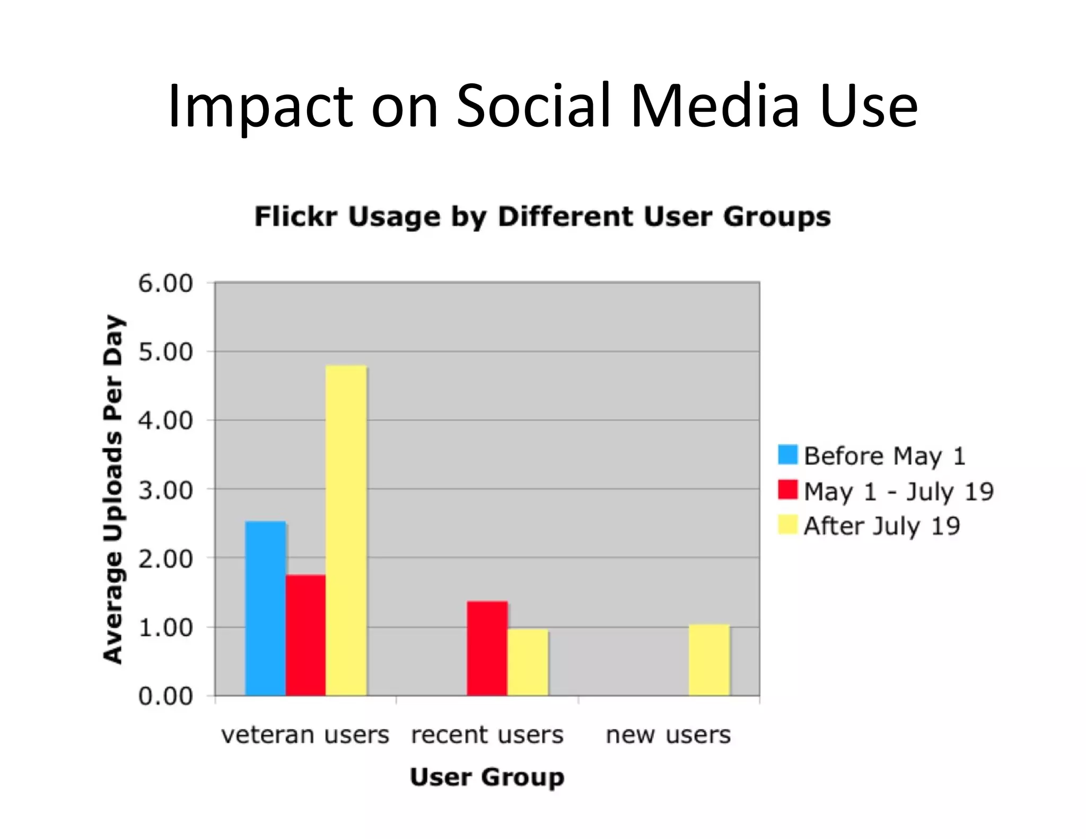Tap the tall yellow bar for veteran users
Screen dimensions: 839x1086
[x=346, y=530]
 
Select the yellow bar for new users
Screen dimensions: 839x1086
[x=709, y=660]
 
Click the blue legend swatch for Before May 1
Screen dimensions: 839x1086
[x=787, y=455]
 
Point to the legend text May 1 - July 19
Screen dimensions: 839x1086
[x=898, y=491]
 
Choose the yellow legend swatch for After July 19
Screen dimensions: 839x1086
[x=787, y=525]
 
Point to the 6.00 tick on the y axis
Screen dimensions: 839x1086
[x=165, y=283]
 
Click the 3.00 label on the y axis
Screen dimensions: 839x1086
[x=165, y=490]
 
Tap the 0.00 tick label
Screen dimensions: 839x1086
[x=165, y=696]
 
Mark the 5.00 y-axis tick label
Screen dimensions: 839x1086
[x=165, y=352]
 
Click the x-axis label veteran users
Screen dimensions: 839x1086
[x=305, y=735]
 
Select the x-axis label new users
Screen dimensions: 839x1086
[x=668, y=735]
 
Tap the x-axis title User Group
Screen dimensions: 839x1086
[x=487, y=777]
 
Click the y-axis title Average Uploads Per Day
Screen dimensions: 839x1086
[x=112, y=489]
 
